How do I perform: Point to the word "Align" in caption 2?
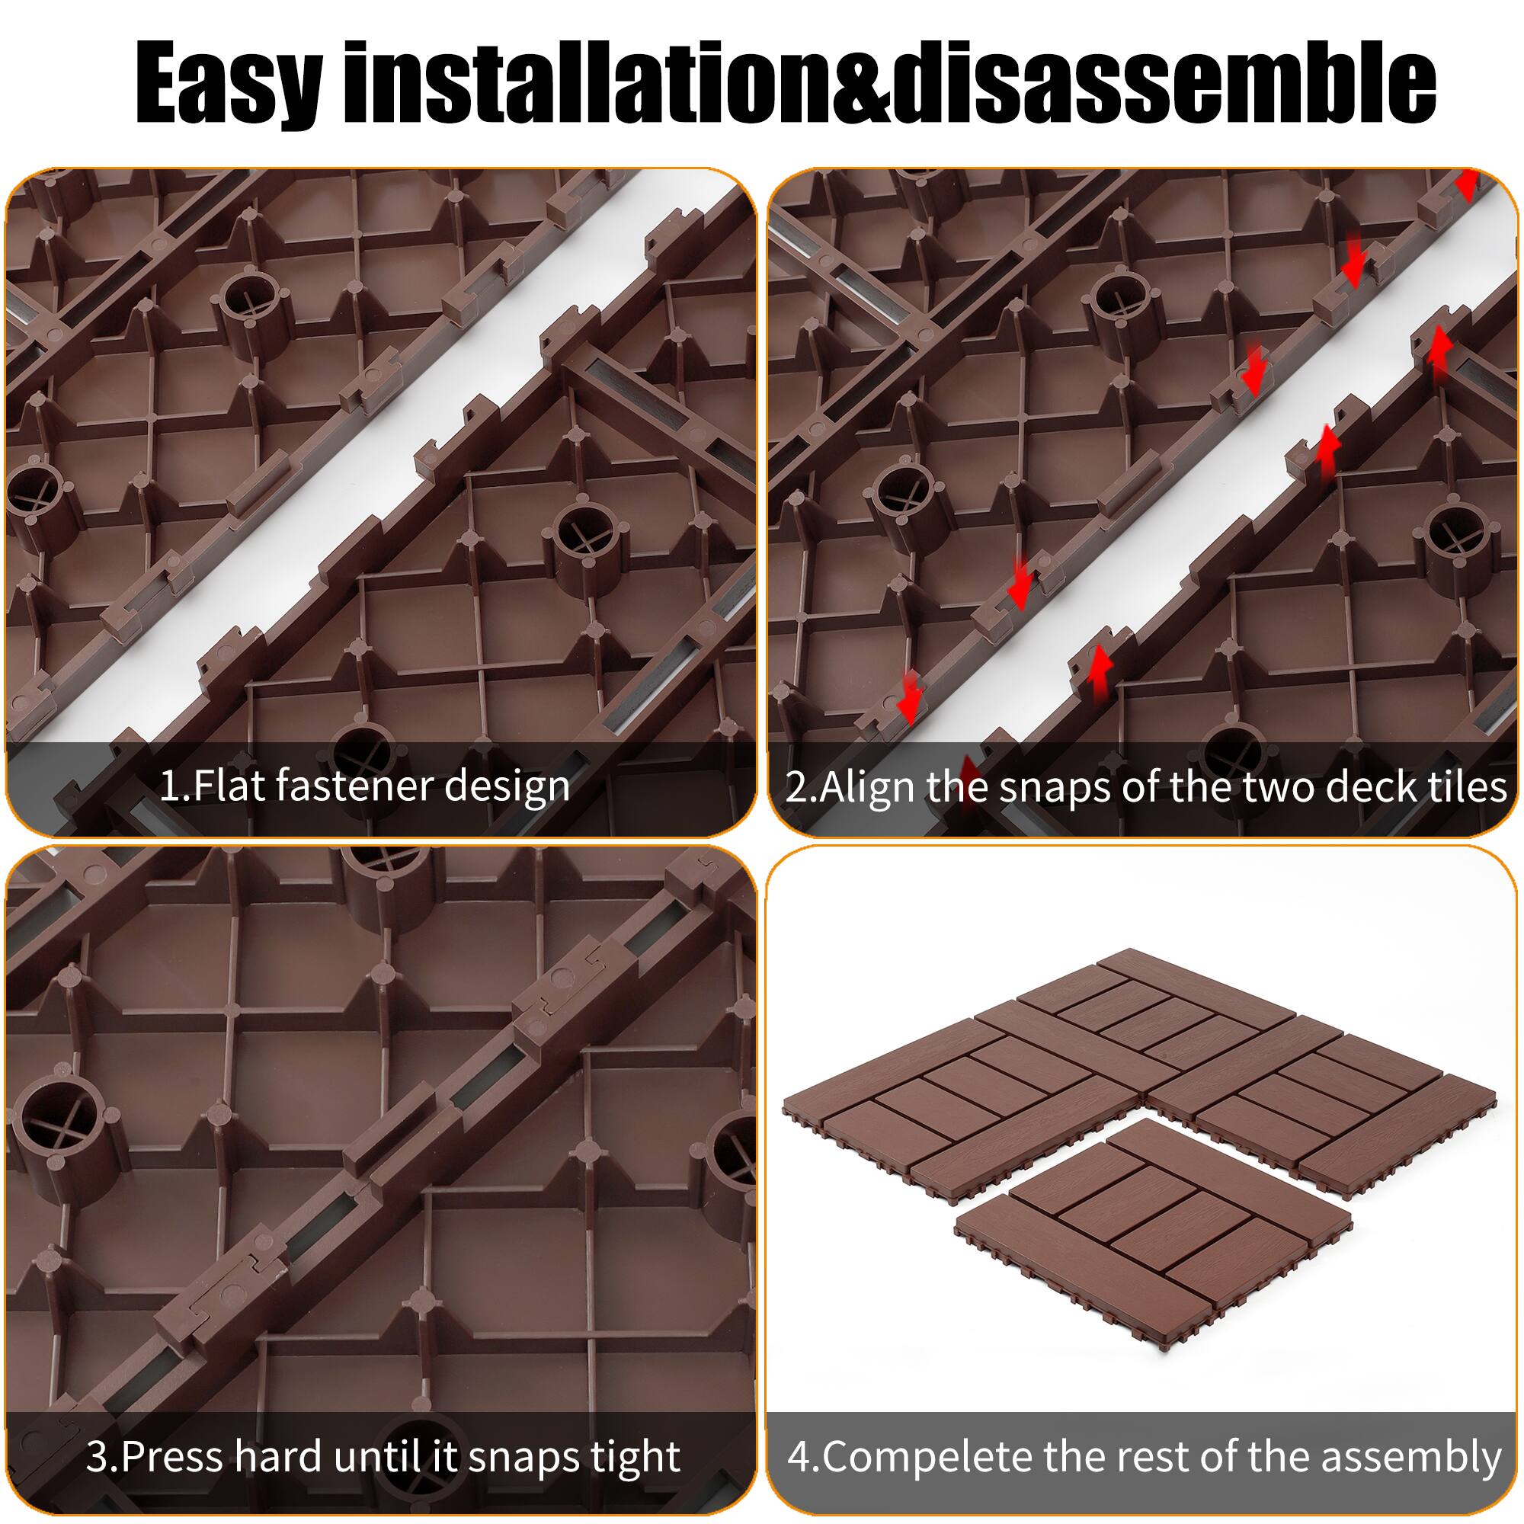click(868, 787)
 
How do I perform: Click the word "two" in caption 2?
click(1278, 787)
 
